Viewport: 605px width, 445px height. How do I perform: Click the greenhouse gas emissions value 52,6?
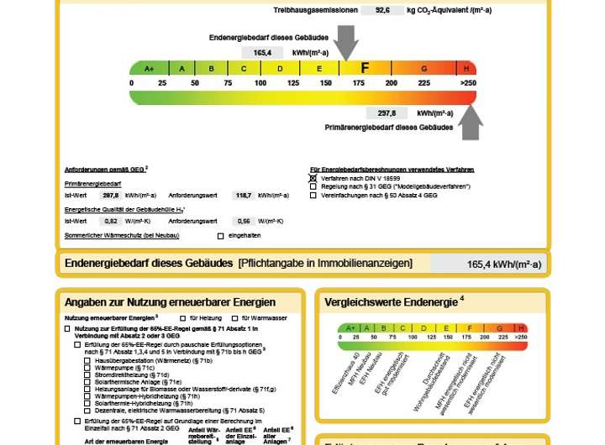382,11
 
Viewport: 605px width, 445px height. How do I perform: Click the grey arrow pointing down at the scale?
345,41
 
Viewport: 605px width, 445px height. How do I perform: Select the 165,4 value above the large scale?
261,52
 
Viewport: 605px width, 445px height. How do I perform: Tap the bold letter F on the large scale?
365,68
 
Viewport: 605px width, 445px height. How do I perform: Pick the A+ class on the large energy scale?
150,69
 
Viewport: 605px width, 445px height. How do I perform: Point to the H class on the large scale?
467,69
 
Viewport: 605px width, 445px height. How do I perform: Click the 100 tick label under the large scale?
260,83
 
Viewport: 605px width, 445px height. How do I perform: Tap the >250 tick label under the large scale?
467,83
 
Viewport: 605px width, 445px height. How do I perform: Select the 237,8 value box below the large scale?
387,113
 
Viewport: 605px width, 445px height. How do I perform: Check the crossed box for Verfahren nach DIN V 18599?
313,178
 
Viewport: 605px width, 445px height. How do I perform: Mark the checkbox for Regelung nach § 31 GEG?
313,186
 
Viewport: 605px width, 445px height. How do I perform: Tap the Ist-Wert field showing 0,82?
110,221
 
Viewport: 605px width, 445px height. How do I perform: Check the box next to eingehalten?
221,236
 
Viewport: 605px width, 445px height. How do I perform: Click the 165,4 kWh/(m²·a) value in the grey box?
503,264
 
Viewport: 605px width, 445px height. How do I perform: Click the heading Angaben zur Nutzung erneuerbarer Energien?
170,302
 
